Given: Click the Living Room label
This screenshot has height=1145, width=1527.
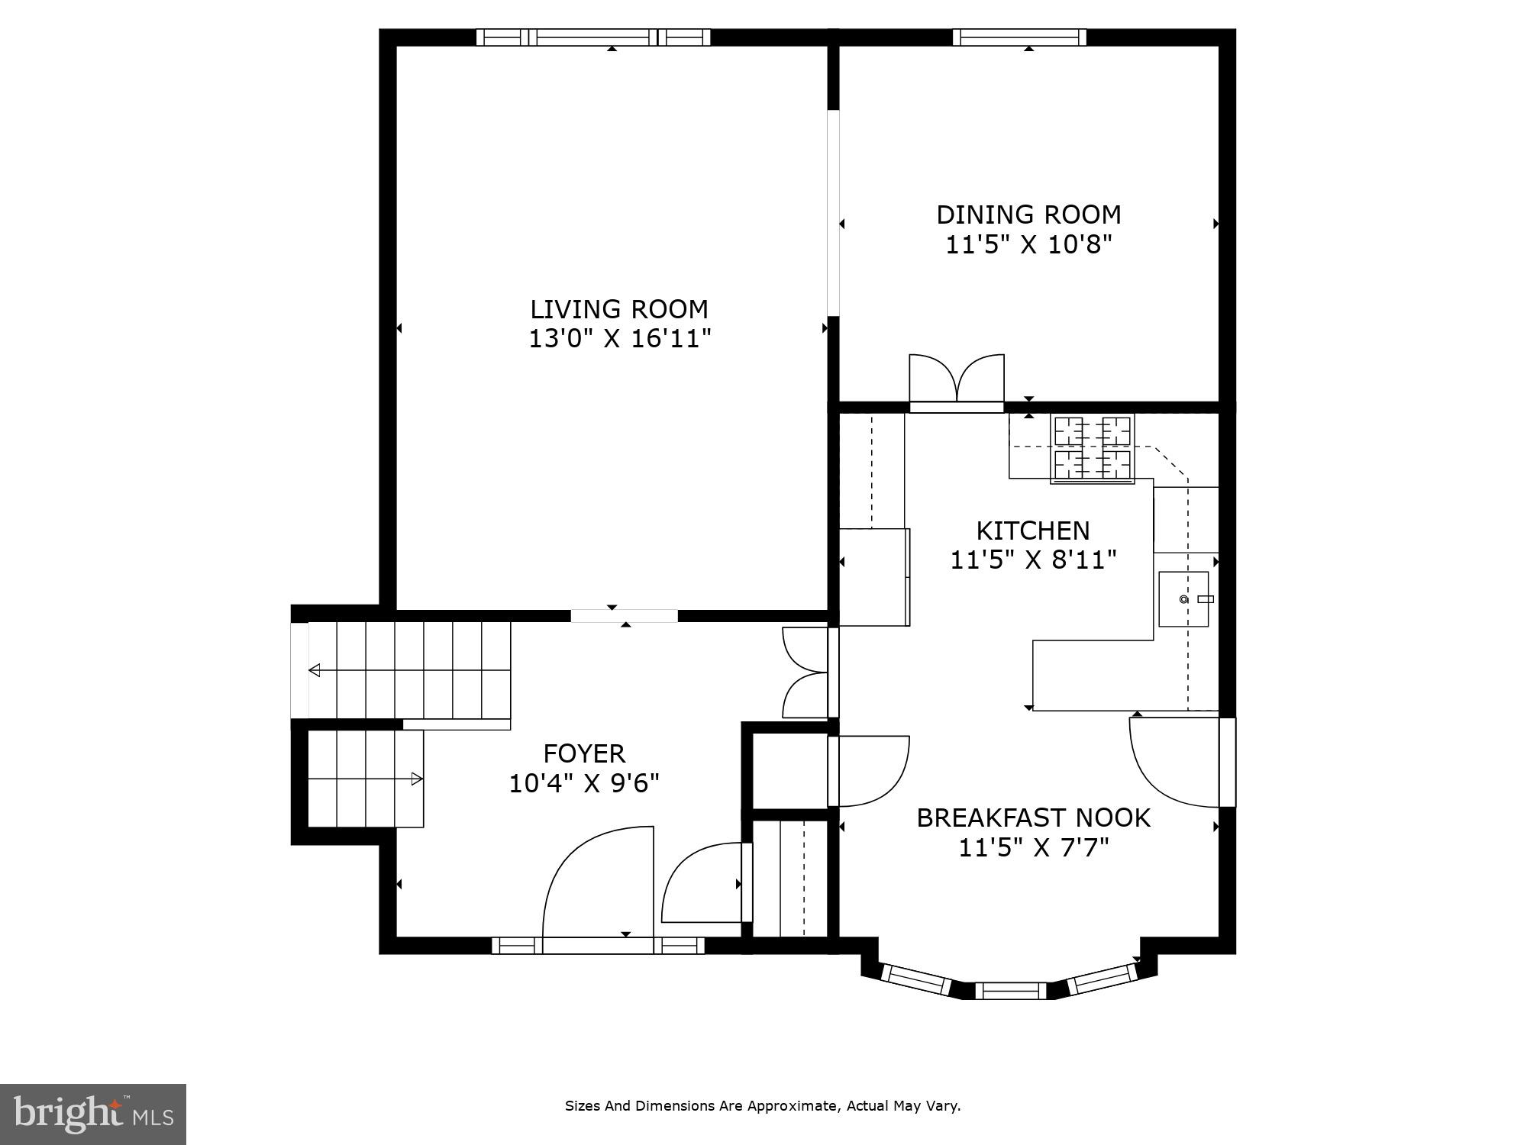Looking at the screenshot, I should (619, 309).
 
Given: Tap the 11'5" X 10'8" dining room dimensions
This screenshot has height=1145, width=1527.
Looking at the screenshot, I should (1028, 245).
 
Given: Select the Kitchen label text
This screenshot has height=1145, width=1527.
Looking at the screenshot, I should (1033, 531).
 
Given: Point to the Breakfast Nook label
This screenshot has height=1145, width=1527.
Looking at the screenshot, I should (1033, 818).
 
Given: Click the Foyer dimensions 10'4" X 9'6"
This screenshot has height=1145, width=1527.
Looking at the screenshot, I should (584, 783).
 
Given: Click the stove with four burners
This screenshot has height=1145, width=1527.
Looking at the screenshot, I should (1092, 450).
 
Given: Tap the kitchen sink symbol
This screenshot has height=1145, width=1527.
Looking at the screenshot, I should (1184, 599).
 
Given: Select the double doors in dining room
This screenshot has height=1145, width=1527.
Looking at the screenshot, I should (956, 379).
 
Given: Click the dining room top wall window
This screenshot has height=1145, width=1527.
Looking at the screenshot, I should (1023, 37).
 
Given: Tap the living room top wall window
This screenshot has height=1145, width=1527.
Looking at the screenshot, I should (593, 37).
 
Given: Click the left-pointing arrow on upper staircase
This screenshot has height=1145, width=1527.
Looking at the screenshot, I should (315, 670).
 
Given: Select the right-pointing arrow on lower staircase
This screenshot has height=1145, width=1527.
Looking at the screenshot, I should (417, 779).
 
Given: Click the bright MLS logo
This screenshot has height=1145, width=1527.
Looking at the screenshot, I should (92, 1114).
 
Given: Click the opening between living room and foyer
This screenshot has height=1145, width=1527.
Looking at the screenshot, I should (624, 615).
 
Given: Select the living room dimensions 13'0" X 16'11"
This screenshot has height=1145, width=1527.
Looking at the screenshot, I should (619, 338).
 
